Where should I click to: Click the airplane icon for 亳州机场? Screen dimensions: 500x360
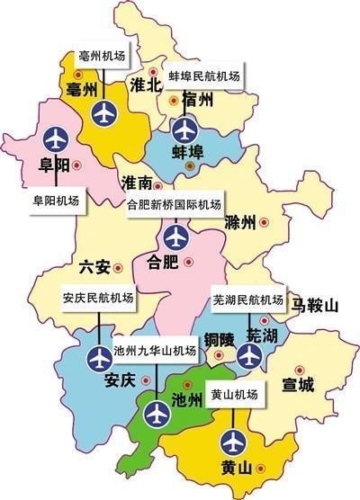(x=105, y=113)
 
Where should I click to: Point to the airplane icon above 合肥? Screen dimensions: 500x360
(x=175, y=238)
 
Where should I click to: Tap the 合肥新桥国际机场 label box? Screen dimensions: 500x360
(x=175, y=203)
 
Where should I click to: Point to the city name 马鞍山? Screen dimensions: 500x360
(x=314, y=307)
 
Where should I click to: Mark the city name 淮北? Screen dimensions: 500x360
(x=145, y=85)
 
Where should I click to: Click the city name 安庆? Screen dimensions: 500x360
(x=119, y=380)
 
